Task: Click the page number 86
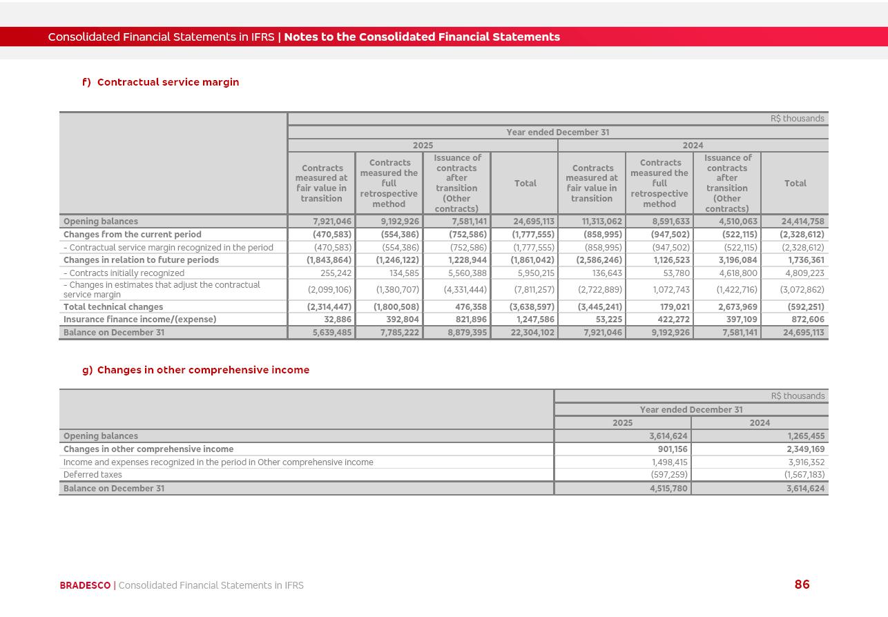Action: pos(802,585)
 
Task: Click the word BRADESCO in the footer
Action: pos(85,586)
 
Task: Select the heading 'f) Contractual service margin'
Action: pos(160,82)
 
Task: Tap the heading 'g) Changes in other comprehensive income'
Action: pos(195,370)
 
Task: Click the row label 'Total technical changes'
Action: pos(113,307)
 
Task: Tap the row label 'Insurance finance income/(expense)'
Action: pos(139,320)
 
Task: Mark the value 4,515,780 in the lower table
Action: pos(668,489)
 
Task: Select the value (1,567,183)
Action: pos(804,475)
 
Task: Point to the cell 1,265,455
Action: pos(806,436)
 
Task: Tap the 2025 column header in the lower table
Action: pos(622,423)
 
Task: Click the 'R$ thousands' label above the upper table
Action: pos(797,119)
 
